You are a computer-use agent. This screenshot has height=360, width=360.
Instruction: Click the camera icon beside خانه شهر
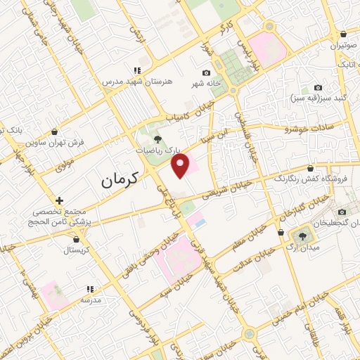pyautogui.click(x=206, y=73)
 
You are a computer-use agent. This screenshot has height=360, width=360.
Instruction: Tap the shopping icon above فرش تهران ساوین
pyautogui.click(x=55, y=131)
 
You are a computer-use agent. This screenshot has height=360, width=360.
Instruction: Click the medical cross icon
pyautogui.click(x=59, y=201)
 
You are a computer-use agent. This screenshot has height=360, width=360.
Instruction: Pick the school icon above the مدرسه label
pyautogui.click(x=90, y=289)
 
